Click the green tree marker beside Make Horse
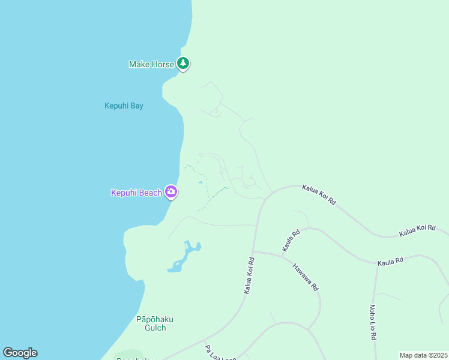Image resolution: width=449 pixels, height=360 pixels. [183, 63]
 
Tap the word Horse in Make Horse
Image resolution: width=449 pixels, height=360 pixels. [162, 64]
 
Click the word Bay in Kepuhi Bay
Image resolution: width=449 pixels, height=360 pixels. [136, 106]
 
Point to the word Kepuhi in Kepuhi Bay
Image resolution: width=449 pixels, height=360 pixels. [116, 106]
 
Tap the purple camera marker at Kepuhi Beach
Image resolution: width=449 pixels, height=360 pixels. [171, 192]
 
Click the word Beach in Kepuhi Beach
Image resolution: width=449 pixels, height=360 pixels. [151, 193]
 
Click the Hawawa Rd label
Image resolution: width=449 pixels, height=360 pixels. [305, 277]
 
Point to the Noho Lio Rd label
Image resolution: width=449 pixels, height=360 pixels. [373, 322]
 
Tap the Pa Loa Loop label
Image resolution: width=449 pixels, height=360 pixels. [220, 353]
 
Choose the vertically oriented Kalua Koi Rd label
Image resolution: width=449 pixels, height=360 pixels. [249, 276]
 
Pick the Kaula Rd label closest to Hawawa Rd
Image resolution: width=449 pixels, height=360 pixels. [291, 241]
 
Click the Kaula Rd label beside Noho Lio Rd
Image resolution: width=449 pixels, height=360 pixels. [390, 261]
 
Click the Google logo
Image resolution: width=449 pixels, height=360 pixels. [20, 353]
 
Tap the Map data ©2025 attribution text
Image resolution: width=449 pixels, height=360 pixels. [424, 355]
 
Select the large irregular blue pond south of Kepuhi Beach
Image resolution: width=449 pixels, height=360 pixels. [186, 255]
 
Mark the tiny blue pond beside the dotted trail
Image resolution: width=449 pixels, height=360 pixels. [200, 182]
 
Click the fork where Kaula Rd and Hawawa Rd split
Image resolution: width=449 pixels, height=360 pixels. [282, 255]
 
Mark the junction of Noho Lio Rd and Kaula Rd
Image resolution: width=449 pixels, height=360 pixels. [378, 266]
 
